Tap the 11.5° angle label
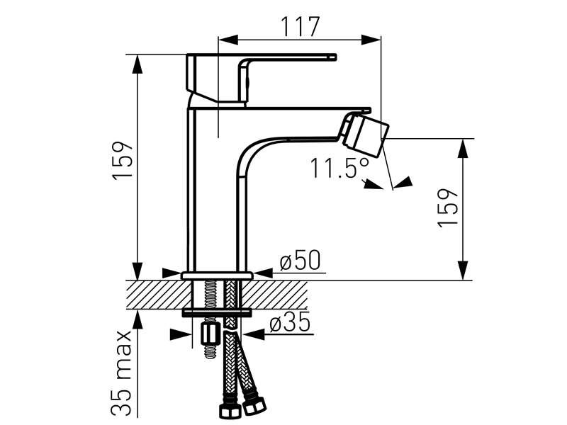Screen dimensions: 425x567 [339, 169]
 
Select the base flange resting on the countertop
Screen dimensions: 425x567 [217, 275]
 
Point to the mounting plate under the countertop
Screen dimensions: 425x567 [217, 312]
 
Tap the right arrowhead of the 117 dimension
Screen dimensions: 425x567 [375, 39]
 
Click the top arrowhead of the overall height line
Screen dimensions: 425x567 [137, 62]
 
